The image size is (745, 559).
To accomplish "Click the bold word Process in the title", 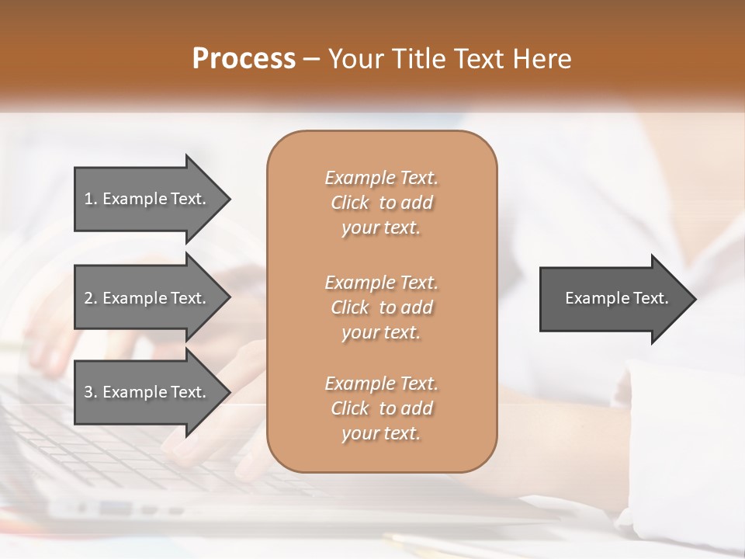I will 244,59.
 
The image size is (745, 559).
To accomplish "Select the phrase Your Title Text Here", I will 450,59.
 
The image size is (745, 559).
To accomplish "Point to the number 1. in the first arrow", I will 91,199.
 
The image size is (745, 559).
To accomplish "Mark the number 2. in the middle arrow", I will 91,298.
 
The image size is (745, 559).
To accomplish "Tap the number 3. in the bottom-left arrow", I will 91,392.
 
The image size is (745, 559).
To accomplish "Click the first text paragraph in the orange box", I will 381,203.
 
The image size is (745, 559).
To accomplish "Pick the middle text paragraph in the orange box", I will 381,307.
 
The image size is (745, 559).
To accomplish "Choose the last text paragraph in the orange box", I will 381,408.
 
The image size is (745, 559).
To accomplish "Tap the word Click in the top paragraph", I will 350,203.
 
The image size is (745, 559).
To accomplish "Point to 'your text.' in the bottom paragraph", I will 381,434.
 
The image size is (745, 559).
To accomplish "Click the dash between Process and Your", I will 312,59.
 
